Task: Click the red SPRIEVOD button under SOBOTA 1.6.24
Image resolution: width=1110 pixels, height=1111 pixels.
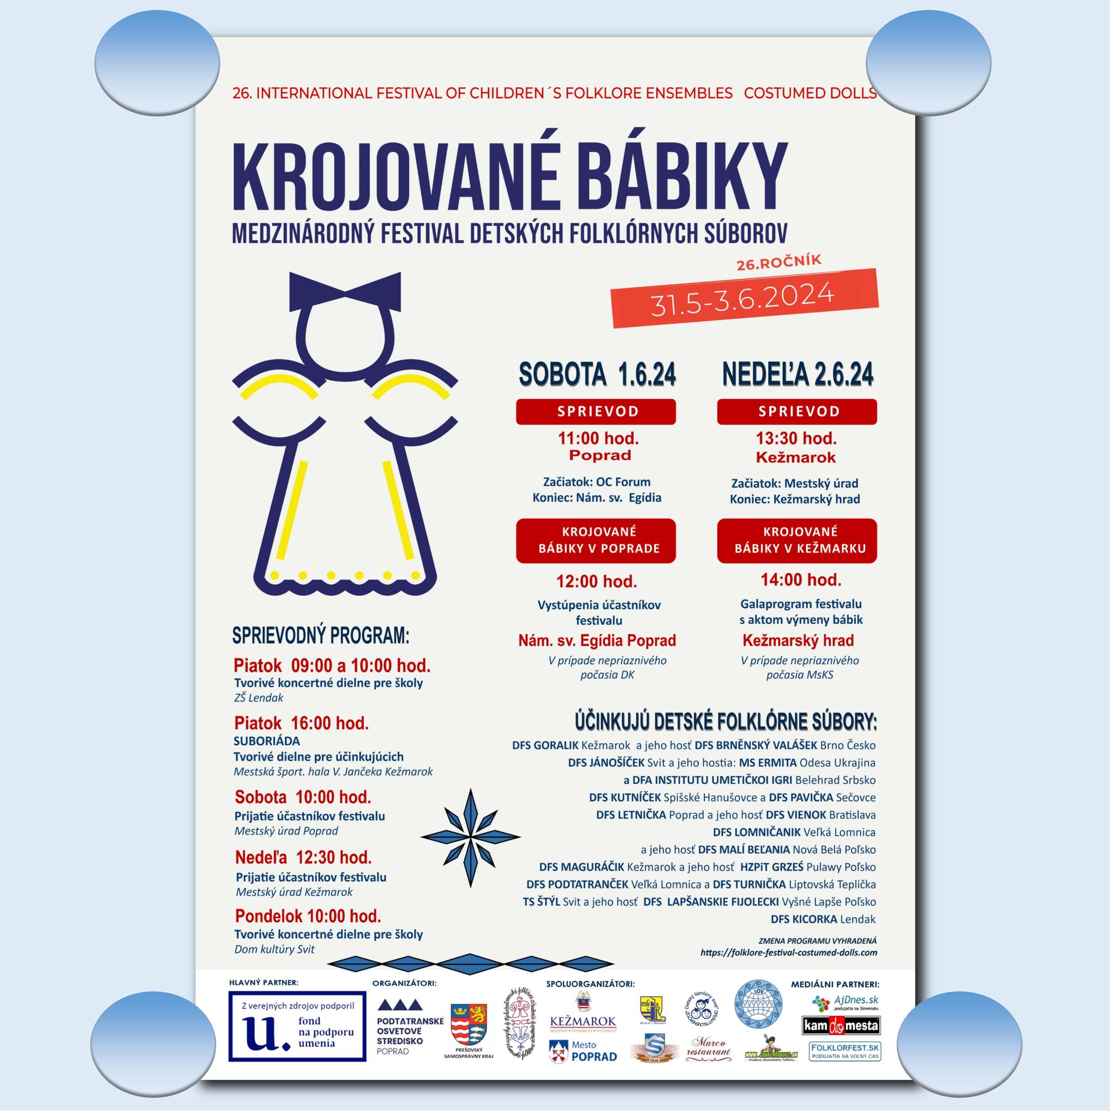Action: coord(595,411)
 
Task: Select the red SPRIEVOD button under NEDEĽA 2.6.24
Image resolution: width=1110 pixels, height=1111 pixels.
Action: coord(796,411)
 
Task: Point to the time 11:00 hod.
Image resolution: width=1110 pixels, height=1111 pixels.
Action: coord(598,439)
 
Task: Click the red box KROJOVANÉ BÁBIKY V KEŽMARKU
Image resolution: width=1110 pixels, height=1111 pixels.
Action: coord(796,540)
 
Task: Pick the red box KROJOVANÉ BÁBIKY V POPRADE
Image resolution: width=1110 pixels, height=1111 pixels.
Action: coord(595,540)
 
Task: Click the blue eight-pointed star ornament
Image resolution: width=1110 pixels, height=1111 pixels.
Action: coord(470,836)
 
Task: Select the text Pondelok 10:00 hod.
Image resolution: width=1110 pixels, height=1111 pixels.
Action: coord(308,916)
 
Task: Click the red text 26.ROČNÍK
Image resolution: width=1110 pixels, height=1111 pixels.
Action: coord(779,261)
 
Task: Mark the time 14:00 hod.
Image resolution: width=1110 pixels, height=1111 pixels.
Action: coord(801,580)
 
